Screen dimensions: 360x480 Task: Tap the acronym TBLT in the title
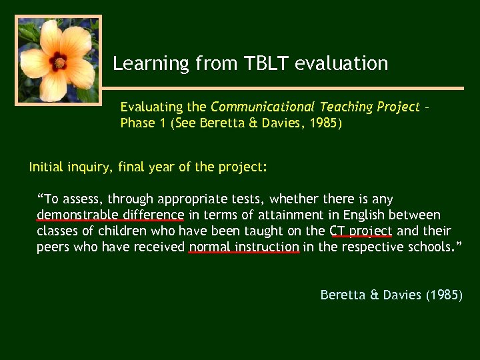pos(263,63)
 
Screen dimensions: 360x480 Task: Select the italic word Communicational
pos(263,107)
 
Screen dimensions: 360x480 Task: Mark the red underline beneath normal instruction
pos(244,253)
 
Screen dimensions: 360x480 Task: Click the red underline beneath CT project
pos(361,237)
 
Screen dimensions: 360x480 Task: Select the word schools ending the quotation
pos(425,247)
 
